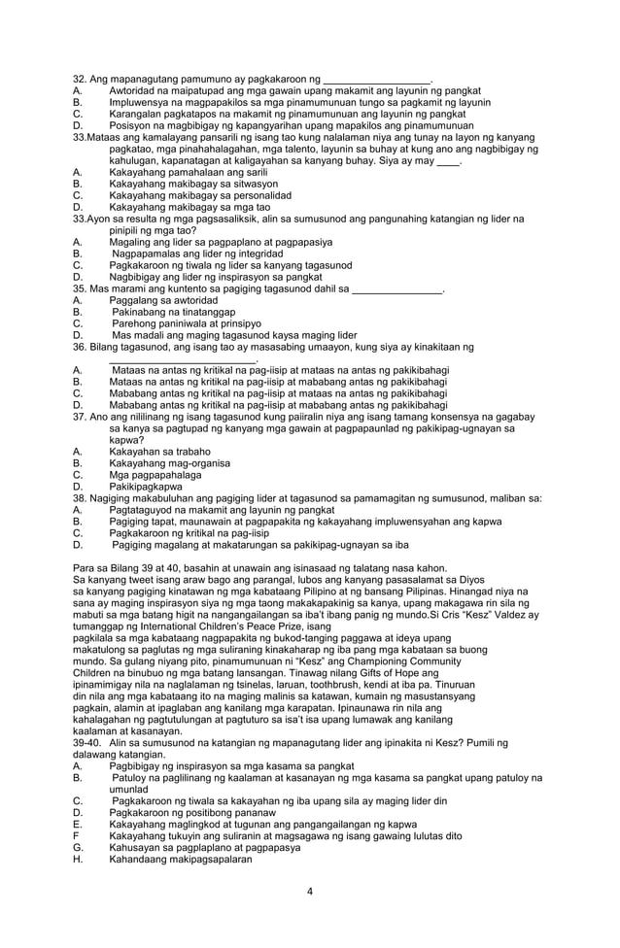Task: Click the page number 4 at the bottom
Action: [x=309, y=892]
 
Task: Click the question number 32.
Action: [x=80, y=79]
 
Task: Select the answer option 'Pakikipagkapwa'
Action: [x=146, y=487]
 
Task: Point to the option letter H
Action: [x=77, y=860]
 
